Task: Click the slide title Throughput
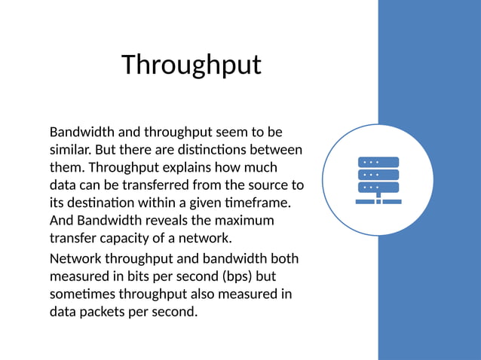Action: [191, 65]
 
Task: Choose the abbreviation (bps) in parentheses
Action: [238, 276]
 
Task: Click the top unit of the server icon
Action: [378, 162]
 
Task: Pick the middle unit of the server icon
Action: [378, 174]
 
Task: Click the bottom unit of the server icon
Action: [378, 187]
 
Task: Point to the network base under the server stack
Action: [378, 201]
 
